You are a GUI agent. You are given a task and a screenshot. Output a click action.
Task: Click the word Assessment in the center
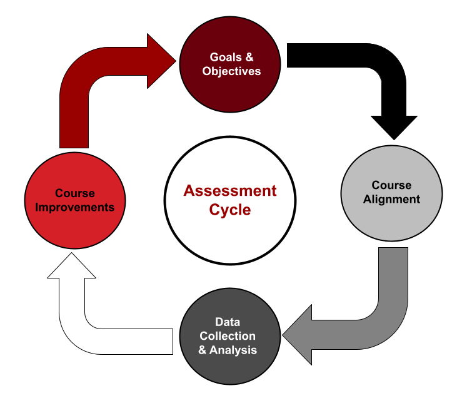point(229,191)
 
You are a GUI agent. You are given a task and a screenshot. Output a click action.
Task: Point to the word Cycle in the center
point(229,210)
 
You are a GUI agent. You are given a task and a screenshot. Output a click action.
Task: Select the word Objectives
point(231,71)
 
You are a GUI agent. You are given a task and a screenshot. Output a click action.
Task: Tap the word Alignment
point(392,200)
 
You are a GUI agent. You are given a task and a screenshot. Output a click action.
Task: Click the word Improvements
point(75,207)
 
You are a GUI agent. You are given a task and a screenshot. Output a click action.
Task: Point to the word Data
point(228,322)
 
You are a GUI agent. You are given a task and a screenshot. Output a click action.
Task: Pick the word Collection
point(228,336)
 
